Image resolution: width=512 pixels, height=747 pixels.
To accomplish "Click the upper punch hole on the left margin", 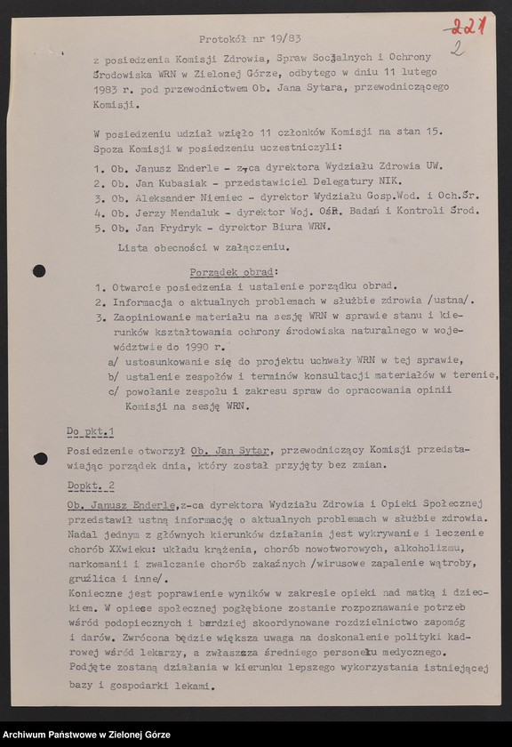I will click(x=39, y=270).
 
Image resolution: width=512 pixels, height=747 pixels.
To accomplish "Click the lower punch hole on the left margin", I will click(x=40, y=459).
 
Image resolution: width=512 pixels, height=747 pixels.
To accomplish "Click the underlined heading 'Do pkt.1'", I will click(x=91, y=432).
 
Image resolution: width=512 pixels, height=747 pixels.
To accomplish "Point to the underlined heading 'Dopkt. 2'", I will click(x=92, y=486).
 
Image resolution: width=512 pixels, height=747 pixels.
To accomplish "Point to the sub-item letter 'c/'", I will click(x=112, y=392).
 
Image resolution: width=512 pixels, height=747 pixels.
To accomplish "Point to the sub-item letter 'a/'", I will click(x=112, y=361).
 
